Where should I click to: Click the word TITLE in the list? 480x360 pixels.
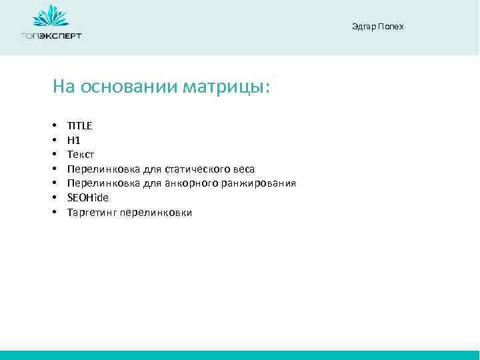click(x=80, y=125)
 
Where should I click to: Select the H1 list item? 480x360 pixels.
click(x=73, y=140)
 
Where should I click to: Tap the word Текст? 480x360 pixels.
click(x=81, y=155)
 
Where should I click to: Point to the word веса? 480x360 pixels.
click(x=243, y=169)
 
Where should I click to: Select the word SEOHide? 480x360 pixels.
click(x=87, y=198)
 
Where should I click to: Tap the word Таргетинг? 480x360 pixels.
click(x=92, y=213)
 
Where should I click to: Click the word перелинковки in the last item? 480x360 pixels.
click(x=156, y=213)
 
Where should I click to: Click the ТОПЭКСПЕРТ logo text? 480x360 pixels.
click(x=51, y=35)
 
